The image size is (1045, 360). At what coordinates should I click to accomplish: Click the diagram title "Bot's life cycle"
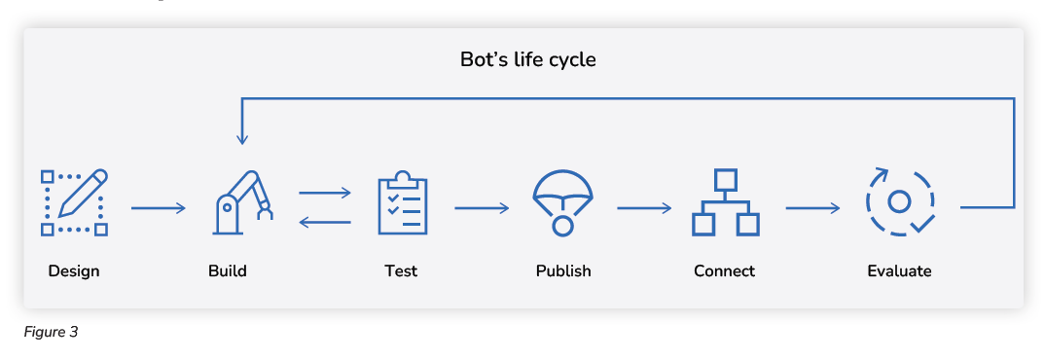pos(527,59)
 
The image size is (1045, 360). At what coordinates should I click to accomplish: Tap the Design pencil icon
pos(74,202)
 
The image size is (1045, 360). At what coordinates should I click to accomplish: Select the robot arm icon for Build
pos(241,202)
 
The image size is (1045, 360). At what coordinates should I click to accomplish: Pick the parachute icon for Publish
pos(562,202)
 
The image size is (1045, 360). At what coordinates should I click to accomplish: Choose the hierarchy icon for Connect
pos(725,202)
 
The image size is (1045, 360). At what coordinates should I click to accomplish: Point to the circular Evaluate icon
pos(900,202)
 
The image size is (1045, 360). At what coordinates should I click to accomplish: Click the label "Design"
pos(74,270)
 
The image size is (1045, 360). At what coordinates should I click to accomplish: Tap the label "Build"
pos(228,270)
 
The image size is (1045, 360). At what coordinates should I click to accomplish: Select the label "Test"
pos(401,270)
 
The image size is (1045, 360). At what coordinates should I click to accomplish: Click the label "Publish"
pos(563,270)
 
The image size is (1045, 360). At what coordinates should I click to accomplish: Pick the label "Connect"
pos(724,270)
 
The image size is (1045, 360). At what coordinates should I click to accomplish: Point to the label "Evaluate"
pos(899,270)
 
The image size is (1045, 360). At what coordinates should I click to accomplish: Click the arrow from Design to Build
pos(158,207)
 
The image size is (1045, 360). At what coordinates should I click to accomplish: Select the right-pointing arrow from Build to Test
pos(325,193)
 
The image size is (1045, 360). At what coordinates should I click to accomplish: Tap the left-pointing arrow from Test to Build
pos(325,223)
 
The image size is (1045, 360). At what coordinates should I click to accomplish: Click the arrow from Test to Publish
pos(482,207)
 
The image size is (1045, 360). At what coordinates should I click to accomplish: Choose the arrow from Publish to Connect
pos(644,207)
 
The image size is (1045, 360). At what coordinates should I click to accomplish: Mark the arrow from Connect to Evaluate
pos(812,207)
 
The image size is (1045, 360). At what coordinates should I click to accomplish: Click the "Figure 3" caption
pos(51,332)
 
